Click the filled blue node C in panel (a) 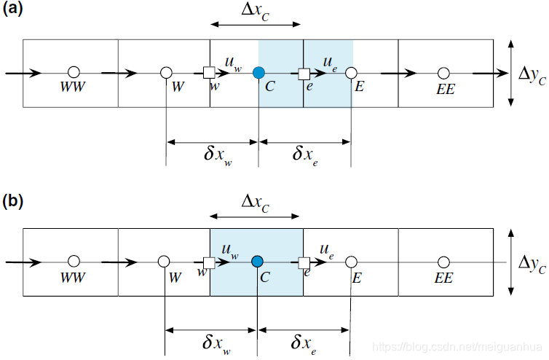258,73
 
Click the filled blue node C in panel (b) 256,261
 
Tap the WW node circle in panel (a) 73,73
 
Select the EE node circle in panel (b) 443,262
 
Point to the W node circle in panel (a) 166,73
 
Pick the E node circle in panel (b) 351,262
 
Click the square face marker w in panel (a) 209,73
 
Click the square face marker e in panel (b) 304,262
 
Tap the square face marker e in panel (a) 304,73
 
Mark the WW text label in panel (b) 73,277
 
